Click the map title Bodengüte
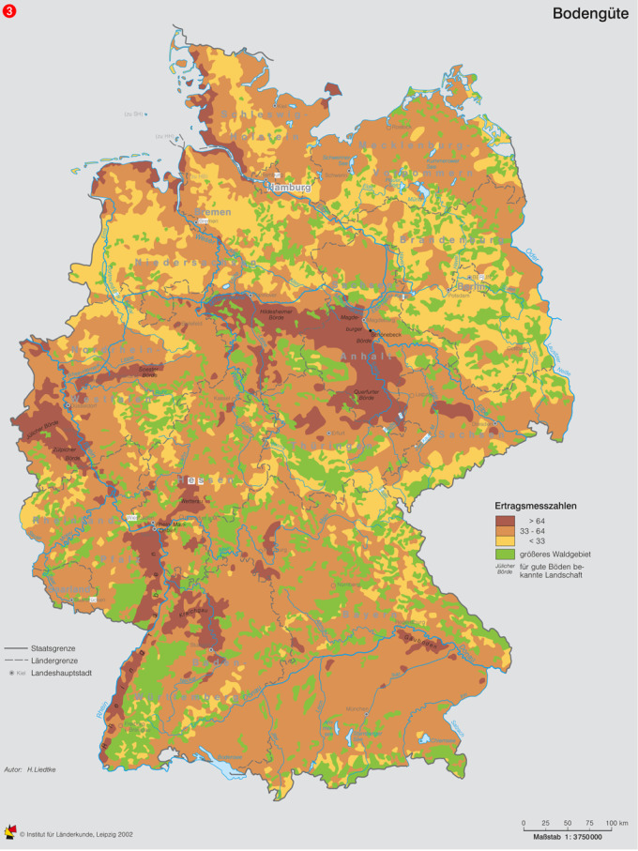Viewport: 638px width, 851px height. point(590,13)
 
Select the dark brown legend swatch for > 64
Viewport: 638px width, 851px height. point(506,519)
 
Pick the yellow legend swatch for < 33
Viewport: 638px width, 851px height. point(506,541)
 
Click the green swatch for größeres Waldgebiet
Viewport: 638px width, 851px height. point(506,555)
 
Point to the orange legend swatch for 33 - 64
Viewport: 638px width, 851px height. point(506,530)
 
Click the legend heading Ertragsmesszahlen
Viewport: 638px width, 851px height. point(536,506)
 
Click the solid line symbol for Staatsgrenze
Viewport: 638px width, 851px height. point(16,648)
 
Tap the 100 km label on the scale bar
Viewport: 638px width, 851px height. point(616,822)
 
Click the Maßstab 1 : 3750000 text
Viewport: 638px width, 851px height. point(568,835)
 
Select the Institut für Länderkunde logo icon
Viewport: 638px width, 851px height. point(10,832)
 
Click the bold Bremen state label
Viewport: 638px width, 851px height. point(213,213)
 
